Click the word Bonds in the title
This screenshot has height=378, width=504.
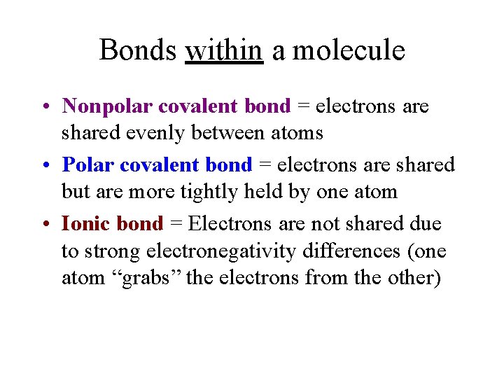tap(138, 50)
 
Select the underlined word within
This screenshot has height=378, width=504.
tap(224, 50)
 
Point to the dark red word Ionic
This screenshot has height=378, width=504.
tap(85, 224)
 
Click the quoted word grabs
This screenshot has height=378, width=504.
tap(148, 278)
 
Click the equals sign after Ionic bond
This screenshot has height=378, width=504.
tap(176, 225)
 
